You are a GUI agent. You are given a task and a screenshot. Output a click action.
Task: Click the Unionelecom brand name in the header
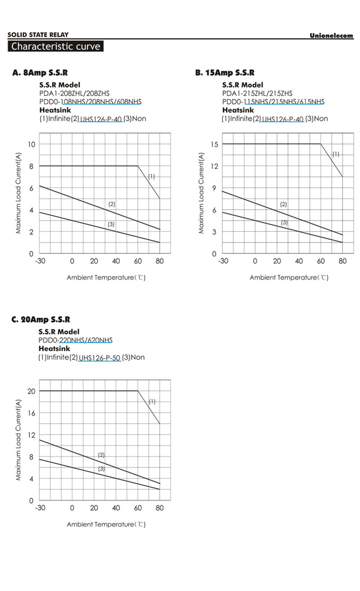pos(331,35)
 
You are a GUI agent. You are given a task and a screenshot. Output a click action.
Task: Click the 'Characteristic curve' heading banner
pos(56,47)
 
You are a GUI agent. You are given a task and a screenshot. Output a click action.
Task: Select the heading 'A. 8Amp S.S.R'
pos(40,73)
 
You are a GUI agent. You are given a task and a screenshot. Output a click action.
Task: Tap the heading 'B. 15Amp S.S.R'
pos(225,73)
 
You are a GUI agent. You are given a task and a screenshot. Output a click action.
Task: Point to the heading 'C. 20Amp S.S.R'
pos(41,319)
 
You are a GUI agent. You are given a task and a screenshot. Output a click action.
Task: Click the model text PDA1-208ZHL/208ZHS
pos(74,93)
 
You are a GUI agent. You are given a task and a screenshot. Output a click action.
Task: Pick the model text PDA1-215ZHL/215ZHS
pos(257,93)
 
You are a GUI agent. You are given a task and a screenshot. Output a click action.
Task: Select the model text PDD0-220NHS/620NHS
pos(75,340)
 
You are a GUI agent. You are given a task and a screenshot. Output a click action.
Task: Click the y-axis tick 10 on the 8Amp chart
pos(32,145)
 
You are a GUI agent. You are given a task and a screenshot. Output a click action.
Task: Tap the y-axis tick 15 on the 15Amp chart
pos(214,145)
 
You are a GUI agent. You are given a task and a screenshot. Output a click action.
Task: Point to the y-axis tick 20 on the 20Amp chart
pos(31,391)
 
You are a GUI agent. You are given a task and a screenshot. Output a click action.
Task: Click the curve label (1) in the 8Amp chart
pos(151,176)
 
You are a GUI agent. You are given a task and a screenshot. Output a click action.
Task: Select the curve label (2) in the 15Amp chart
pos(283,204)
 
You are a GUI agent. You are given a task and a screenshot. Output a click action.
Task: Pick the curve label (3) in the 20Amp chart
pos(101,469)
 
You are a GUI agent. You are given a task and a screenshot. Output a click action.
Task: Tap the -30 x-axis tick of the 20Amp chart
pos(40,508)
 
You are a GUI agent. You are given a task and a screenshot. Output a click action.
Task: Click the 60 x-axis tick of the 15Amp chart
pos(321,261)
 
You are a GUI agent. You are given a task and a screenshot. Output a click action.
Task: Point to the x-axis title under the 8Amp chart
pos(106,277)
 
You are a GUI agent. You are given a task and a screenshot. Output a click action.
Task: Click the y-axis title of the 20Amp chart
pos(19,441)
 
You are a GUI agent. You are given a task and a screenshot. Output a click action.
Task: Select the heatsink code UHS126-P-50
pos(100,357)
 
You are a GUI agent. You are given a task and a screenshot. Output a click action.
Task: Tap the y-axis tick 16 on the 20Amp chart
pos(31,413)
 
